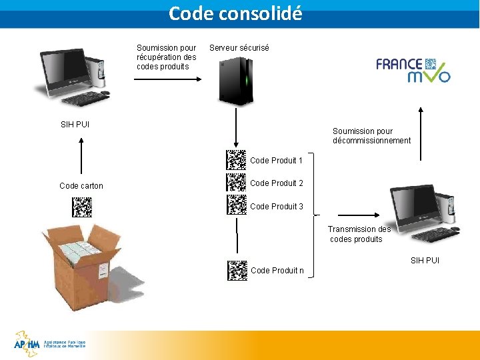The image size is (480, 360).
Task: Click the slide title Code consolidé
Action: tap(235, 13)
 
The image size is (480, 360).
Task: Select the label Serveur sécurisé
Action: tap(239, 48)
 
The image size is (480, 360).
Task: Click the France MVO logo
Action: tap(413, 69)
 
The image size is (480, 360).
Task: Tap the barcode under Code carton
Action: tap(81, 207)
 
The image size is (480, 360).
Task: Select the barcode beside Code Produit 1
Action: tap(236, 160)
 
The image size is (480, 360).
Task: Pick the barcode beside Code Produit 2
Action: tap(236, 183)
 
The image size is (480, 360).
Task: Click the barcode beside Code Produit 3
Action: tap(236, 205)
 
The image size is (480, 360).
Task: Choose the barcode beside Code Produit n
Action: tap(236, 269)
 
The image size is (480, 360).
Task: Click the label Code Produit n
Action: tap(277, 271)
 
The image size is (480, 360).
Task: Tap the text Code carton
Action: tap(81, 186)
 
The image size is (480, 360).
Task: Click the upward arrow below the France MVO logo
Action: tap(421, 133)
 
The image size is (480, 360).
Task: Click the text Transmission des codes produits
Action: tap(359, 234)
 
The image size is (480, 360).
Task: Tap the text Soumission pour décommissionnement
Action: tap(371, 136)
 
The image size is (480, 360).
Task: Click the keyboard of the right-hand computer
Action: tap(435, 235)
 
